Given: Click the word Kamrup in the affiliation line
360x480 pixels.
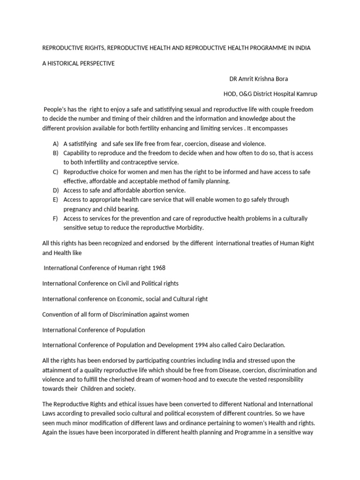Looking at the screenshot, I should tap(307, 94).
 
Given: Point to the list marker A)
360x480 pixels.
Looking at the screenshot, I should tap(56, 143).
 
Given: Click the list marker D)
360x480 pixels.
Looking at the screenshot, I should tap(56, 190).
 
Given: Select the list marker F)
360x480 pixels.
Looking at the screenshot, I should tap(56, 218).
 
